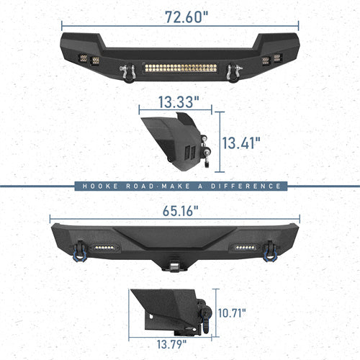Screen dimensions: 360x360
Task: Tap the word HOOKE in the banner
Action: click(97, 186)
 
